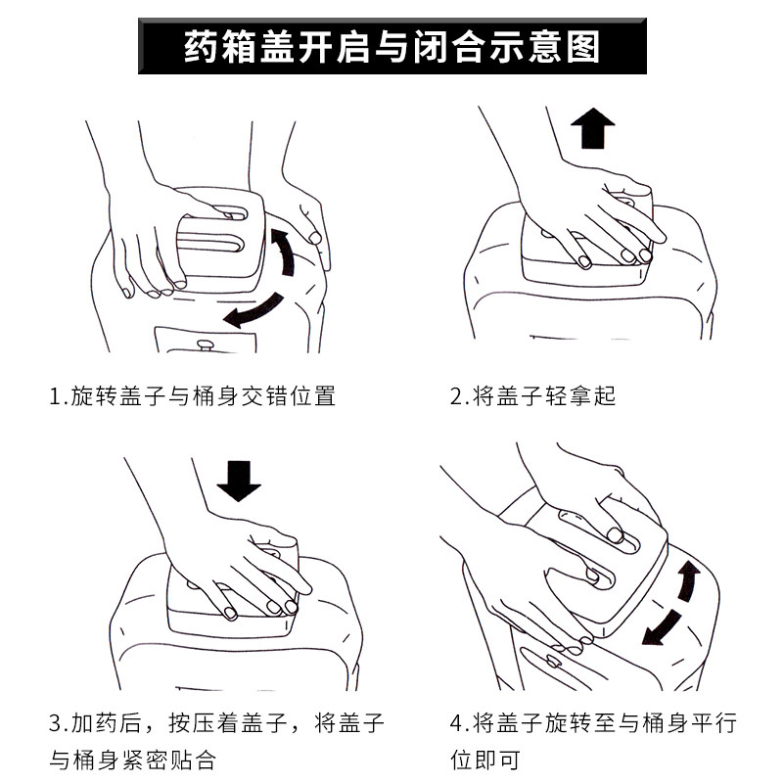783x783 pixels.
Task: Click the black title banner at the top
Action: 391,47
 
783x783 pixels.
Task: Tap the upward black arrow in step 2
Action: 592,129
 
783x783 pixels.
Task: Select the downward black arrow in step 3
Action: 238,480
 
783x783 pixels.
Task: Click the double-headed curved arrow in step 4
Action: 674,604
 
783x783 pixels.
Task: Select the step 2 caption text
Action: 532,396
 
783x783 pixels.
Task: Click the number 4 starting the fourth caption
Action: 456,724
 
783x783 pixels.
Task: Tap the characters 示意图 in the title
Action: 553,47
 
